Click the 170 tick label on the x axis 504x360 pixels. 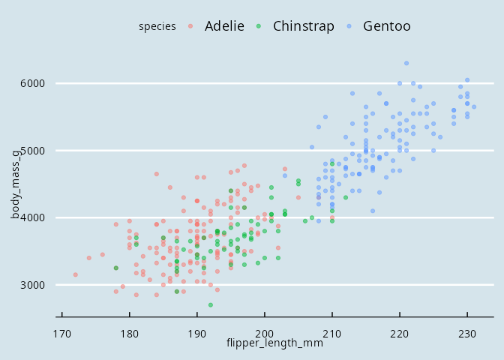(62, 332)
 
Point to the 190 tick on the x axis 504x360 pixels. (197, 332)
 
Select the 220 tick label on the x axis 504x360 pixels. (400, 332)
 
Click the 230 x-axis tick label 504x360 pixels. (467, 332)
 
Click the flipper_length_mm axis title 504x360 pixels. (274, 343)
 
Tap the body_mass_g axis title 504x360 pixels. (16, 184)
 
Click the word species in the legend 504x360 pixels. (157, 27)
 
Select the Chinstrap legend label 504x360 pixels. (303, 26)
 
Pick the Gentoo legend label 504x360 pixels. (386, 26)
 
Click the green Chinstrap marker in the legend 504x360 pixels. (259, 27)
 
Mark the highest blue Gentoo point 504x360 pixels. (406, 63)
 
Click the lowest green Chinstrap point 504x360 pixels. (211, 305)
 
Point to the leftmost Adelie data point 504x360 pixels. (76, 274)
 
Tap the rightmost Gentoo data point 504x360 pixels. (474, 106)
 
